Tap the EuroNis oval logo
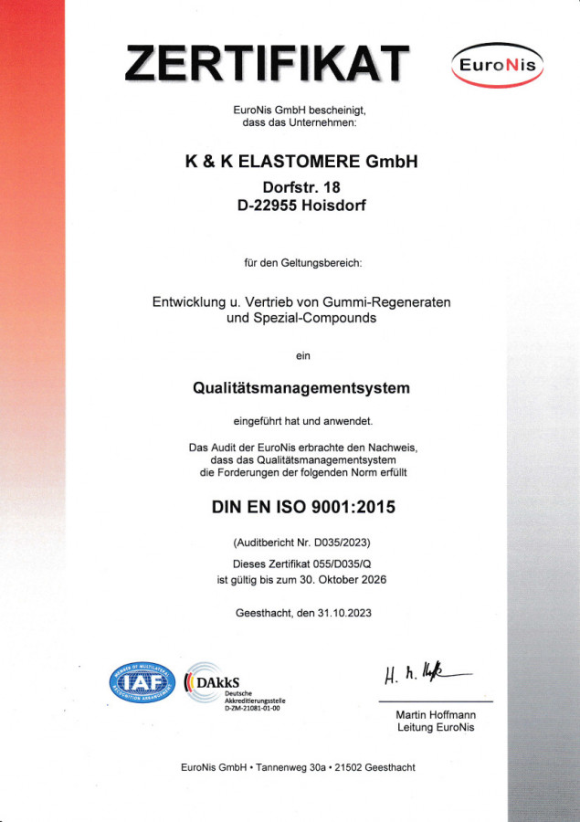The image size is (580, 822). [x=497, y=66]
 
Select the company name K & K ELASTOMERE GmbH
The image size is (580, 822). [x=301, y=162]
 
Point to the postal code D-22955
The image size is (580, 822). [x=267, y=206]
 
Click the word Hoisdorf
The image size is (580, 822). [x=334, y=206]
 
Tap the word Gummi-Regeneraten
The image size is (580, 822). [x=395, y=301]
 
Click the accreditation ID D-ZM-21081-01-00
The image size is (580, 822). [x=253, y=708]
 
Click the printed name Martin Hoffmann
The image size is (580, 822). [x=436, y=714]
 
